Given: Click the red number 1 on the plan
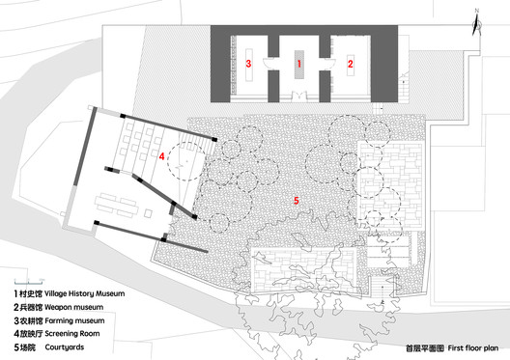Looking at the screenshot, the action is coord(299,64).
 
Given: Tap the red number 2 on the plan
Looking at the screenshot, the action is coord(351,64).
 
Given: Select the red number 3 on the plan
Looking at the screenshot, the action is coord(249,64).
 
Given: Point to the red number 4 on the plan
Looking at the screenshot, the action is coord(162,154).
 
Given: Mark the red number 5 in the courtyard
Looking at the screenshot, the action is coord(297,200).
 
